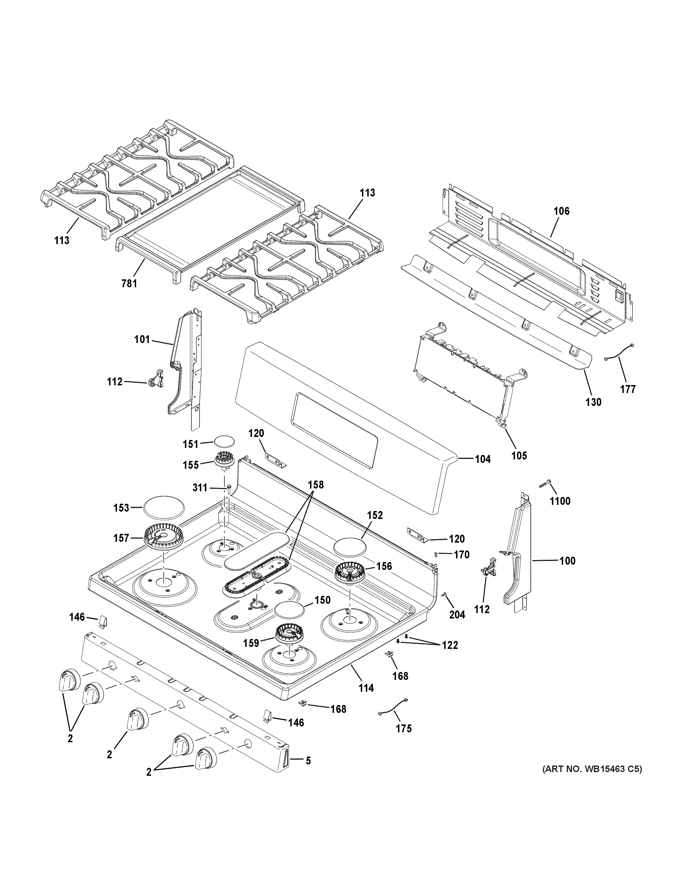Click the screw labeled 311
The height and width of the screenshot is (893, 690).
pos(229,487)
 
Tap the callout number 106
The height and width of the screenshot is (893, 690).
pos(561,211)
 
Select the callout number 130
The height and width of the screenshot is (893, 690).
pos(593,402)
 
